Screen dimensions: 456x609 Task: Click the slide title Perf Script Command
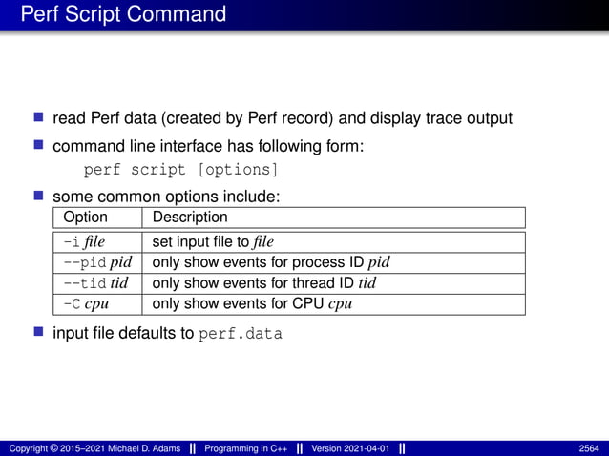click(123, 15)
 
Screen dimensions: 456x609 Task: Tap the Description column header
click(190, 218)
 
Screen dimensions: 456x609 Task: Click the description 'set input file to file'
click(213, 241)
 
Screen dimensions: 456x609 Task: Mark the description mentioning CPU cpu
click(249, 304)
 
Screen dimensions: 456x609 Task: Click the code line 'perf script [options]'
click(181, 171)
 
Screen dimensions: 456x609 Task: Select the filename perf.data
click(241, 334)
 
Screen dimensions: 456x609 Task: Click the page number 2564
click(589, 448)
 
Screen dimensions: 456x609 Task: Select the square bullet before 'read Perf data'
click(39, 117)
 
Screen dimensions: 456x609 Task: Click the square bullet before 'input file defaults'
click(39, 333)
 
